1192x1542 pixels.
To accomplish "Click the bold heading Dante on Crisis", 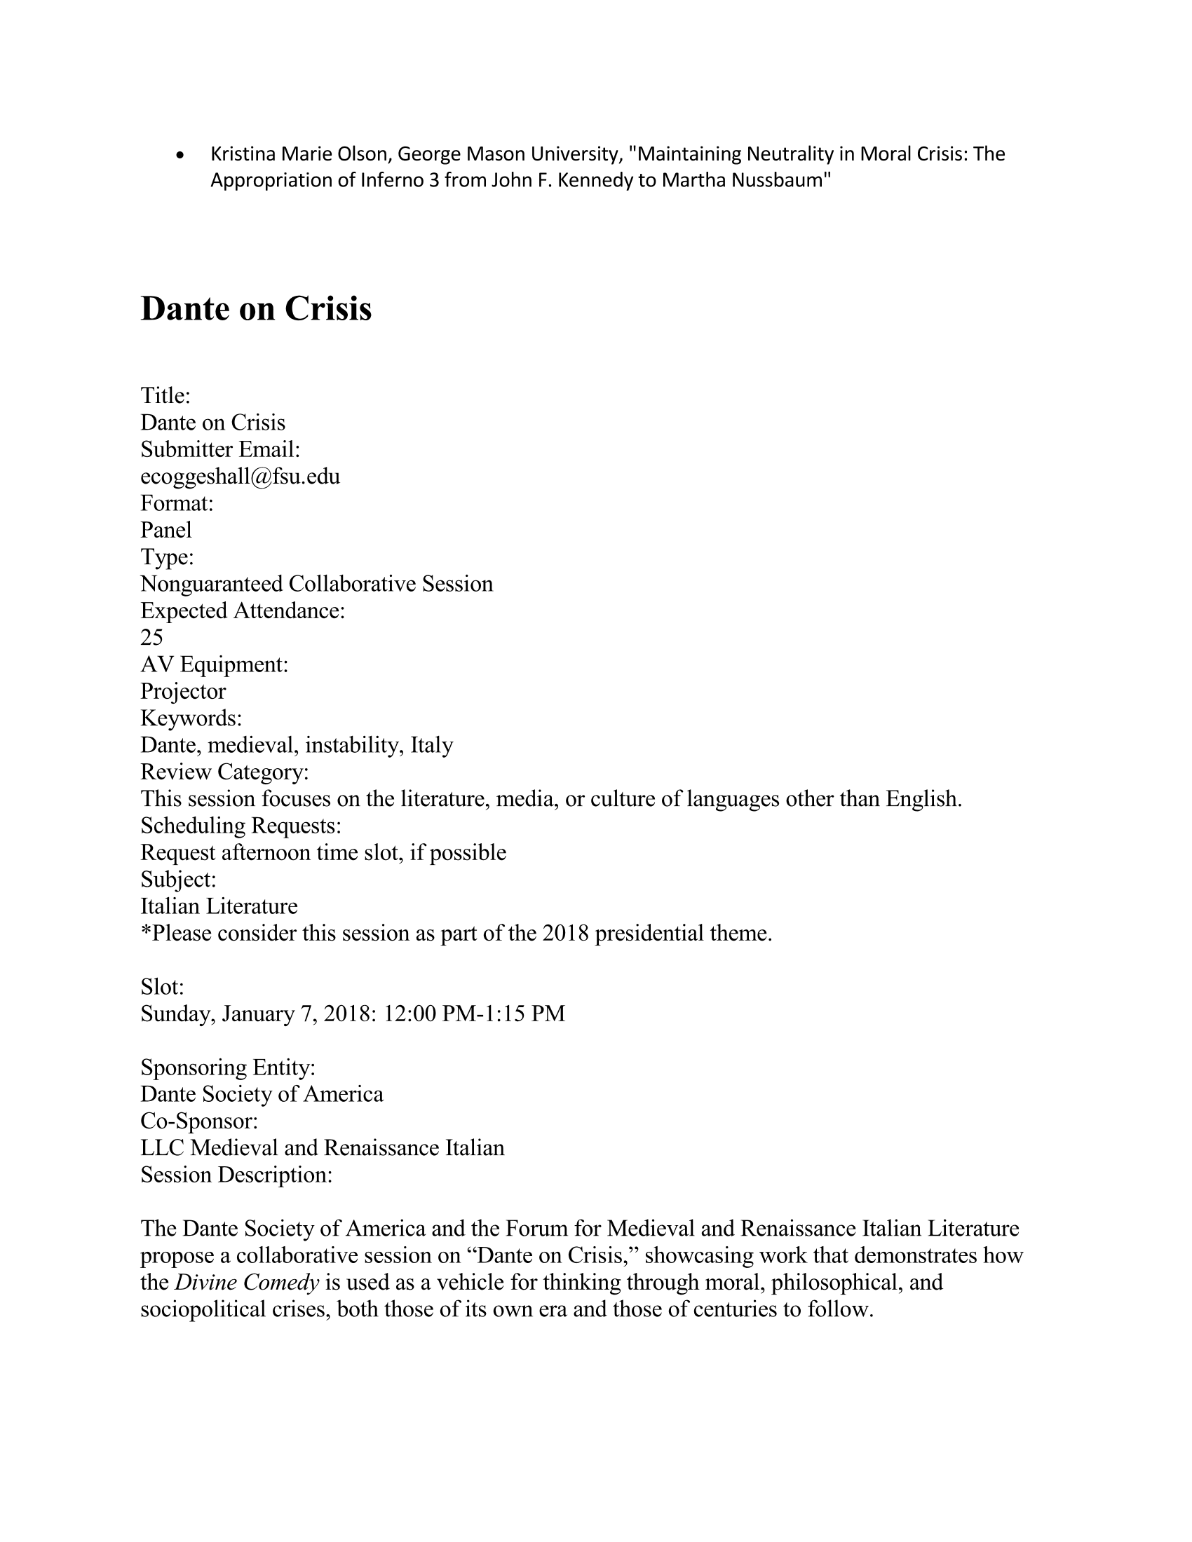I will tap(256, 308).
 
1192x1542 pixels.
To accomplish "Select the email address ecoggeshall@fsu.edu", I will tap(240, 477).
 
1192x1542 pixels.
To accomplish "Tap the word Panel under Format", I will tap(166, 531).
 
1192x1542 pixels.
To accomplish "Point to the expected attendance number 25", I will tap(152, 638).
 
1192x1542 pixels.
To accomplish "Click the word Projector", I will tap(183, 691).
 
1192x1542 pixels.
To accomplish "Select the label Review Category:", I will tap(224, 772).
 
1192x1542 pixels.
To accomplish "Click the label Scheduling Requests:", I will tap(241, 826).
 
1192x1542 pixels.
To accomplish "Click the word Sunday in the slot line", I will tap(178, 1014).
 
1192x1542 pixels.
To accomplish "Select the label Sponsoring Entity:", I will tap(227, 1067).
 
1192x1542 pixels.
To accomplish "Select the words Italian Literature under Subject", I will tap(219, 906).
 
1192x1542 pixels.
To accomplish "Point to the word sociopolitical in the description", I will tap(203, 1309).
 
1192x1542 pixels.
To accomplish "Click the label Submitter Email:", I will tap(220, 450).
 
